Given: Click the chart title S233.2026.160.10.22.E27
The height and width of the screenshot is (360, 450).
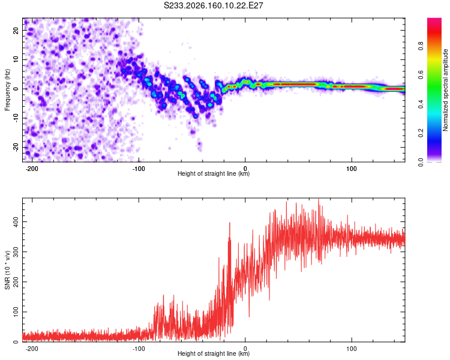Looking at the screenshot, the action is (213, 5).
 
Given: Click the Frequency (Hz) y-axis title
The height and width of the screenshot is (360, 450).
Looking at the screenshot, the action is (7, 90).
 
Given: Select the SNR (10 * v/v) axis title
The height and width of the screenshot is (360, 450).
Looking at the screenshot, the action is (7, 270).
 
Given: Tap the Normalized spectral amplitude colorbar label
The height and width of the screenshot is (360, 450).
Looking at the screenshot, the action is (445, 90).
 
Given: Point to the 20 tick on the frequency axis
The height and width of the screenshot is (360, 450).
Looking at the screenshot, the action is (16, 30).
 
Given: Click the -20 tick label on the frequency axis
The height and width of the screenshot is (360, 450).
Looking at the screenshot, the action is (16, 148).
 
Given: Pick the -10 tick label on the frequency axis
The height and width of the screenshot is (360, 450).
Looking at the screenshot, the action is (16, 118).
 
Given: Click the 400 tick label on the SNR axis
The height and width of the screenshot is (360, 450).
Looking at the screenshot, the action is (16, 221).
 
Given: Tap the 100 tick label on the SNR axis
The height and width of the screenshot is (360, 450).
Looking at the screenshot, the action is (16, 312).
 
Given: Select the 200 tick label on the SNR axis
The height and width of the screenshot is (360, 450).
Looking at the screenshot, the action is (16, 281).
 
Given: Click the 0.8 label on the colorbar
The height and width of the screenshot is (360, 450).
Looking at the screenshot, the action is (421, 46).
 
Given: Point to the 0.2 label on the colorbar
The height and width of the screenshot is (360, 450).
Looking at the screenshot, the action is (421, 133).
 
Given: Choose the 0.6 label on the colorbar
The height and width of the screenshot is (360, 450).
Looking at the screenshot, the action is (421, 75).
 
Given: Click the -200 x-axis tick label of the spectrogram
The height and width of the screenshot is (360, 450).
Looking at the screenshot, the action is (32, 169).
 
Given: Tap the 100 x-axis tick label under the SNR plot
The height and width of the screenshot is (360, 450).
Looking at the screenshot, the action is (351, 349).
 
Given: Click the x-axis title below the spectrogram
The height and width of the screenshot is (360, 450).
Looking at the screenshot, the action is (214, 173).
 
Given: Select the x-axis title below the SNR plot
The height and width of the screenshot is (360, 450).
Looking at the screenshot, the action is (214, 353).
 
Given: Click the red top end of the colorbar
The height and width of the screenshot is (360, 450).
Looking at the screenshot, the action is (434, 20).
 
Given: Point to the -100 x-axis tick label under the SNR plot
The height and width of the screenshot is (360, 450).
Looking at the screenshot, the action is (139, 349).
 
